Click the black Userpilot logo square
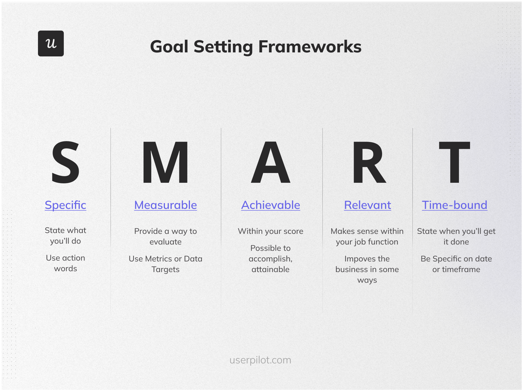point(51,43)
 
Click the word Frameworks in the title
point(310,47)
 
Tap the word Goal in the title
point(169,47)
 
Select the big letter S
point(65,162)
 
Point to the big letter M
point(165,162)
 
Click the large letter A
point(270,162)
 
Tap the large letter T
point(454,162)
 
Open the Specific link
point(65,205)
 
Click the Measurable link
point(165,205)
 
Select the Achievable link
point(270,205)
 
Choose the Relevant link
point(367,205)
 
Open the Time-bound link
point(454,205)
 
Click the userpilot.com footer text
point(260,360)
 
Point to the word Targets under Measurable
point(165,269)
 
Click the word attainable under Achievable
point(270,269)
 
